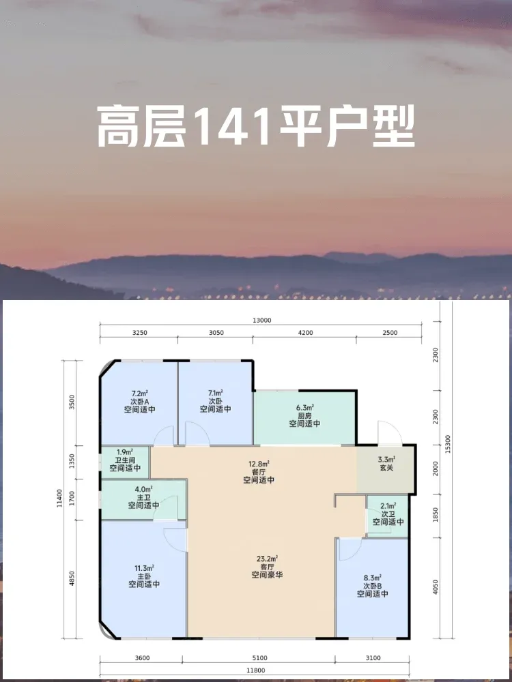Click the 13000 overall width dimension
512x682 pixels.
point(260,320)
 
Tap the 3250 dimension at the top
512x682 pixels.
point(140,333)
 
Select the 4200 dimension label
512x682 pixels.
point(306,333)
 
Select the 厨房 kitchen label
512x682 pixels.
point(304,415)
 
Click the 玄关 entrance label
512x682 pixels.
point(386,468)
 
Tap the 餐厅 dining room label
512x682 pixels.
point(259,472)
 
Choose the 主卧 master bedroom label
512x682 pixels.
point(143,576)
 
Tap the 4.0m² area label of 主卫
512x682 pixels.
point(143,489)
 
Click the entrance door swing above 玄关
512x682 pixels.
point(389,433)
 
